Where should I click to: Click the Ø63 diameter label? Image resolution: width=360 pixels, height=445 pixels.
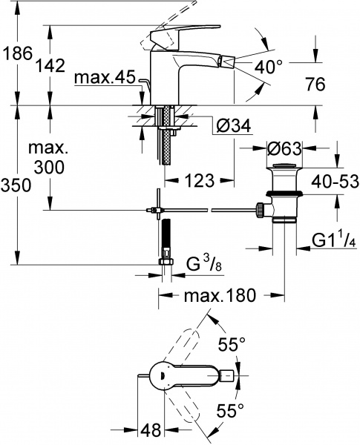point(285,147)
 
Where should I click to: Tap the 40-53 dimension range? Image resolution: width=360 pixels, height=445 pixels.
point(332,180)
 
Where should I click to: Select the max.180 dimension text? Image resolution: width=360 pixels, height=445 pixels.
point(220,296)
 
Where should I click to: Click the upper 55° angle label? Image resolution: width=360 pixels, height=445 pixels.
point(232,343)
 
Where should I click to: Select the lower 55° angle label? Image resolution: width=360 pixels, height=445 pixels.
point(232,410)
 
